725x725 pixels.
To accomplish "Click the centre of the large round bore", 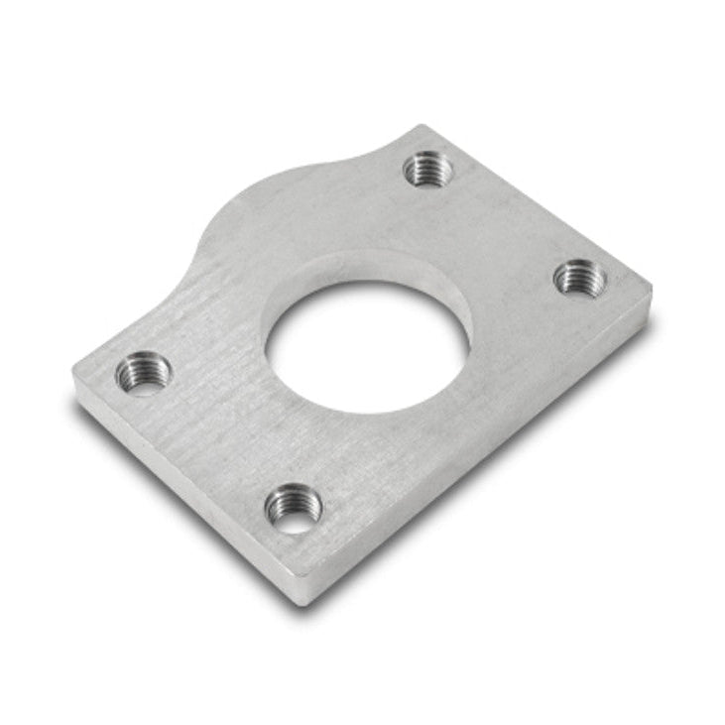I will pos(367,347).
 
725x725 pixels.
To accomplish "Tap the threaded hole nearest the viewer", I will pos(294,509).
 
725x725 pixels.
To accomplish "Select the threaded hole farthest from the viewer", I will pos(428,169).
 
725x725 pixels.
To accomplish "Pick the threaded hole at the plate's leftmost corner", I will pos(143,374).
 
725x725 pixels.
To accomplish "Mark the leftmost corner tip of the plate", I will pos(74,375).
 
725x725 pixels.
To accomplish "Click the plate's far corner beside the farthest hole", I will pos(424,126).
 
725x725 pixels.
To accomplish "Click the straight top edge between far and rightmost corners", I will pos(541,203).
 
